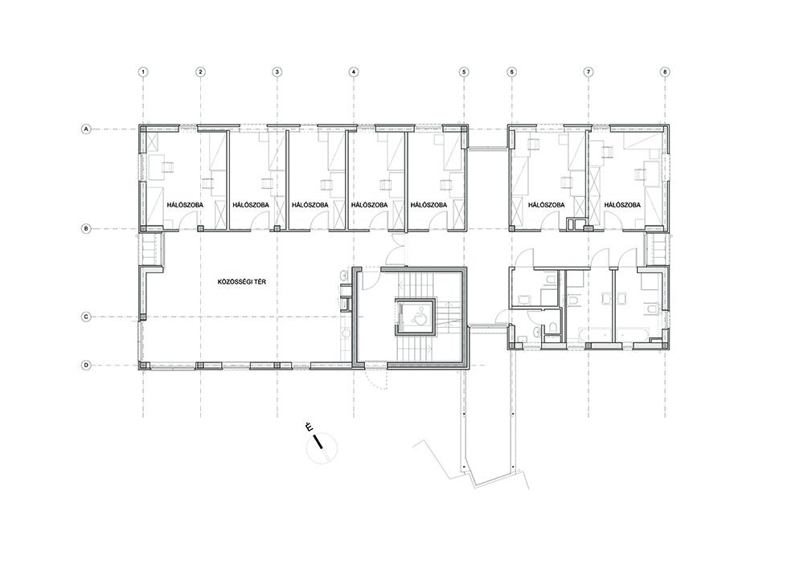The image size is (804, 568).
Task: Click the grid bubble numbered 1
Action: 144,72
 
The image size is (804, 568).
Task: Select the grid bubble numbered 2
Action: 200,72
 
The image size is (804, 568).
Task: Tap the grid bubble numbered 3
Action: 277,72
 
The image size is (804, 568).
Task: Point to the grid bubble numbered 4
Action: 353,72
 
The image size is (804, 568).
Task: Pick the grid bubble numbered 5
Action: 464,72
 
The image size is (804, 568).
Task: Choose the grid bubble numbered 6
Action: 511,72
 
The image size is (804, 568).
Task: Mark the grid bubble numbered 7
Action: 589,72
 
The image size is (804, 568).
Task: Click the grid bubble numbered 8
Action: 665,72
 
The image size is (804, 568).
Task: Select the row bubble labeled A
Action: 87,129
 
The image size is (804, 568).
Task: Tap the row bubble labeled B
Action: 87,229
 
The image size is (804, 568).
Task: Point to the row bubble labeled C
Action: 87,317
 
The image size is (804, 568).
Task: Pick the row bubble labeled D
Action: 87,366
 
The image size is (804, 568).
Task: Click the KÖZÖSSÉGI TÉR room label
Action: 242,282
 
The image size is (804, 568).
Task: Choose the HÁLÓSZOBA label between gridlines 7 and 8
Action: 622,205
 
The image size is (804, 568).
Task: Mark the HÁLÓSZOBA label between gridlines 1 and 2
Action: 185,205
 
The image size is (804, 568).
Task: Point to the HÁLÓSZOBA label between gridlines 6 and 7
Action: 546,205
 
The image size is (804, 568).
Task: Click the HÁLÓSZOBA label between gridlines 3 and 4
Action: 310,205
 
